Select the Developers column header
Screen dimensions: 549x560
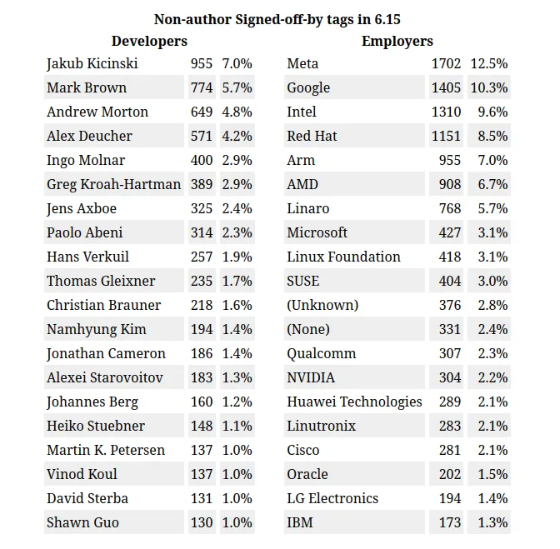(149, 41)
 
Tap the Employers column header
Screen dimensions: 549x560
(397, 41)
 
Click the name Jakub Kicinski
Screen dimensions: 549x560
(92, 64)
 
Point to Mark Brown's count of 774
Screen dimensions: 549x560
(201, 88)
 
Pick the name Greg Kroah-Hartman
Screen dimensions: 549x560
(113, 185)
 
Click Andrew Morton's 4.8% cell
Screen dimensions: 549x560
(237, 112)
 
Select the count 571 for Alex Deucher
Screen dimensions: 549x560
(201, 137)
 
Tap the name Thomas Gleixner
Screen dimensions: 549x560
(101, 282)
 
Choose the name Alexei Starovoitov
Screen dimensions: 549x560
(105, 378)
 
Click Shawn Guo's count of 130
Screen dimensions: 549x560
(201, 523)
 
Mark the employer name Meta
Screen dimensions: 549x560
(302, 64)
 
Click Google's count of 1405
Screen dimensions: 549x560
(446, 88)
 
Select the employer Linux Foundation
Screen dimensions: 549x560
(343, 257)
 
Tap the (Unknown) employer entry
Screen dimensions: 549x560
(322, 306)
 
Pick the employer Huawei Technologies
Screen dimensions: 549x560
(354, 402)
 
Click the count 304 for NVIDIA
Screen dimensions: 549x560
(450, 378)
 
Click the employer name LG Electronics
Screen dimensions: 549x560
(332, 499)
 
